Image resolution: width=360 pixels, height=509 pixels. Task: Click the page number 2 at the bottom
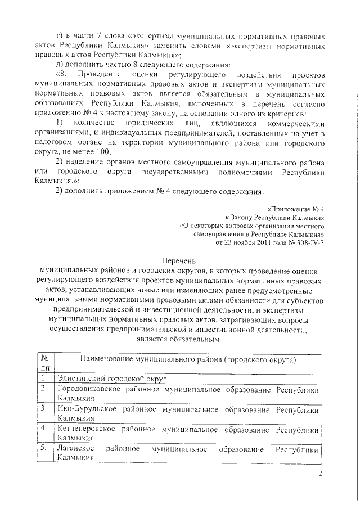(x=319, y=473)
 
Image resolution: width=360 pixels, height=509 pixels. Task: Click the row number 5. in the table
(x=44, y=449)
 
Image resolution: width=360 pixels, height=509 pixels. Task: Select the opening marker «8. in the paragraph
(x=61, y=74)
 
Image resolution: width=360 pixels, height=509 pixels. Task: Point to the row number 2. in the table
(x=44, y=389)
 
